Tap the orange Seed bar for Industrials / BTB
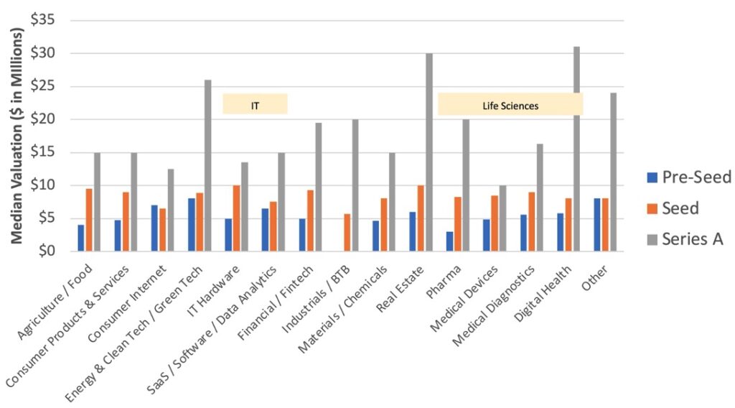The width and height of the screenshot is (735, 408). coord(347,232)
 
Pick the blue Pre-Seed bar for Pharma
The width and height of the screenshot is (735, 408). coord(449,241)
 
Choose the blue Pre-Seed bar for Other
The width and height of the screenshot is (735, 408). coord(597,225)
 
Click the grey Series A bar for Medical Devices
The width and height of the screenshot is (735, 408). coord(502,218)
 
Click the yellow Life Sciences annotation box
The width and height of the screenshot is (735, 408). coord(510,105)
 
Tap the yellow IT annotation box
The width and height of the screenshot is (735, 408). coord(255,104)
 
